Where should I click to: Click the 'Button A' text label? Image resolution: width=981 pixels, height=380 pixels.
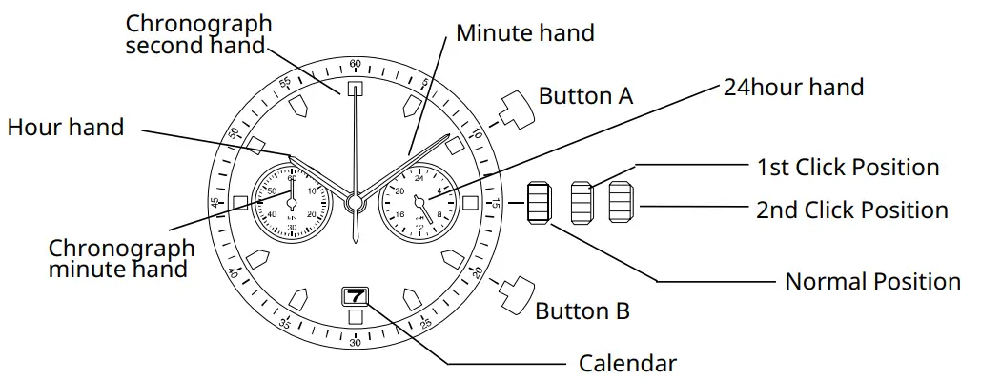coord(585,96)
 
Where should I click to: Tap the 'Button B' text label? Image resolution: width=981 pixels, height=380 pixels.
coord(582,311)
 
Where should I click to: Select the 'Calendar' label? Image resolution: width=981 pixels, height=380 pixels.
coord(627,363)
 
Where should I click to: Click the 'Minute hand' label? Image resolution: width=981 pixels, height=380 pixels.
coord(524,32)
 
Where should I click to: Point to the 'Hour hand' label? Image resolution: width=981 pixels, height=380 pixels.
coord(66,127)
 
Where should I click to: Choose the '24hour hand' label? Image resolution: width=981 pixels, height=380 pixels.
coord(793,87)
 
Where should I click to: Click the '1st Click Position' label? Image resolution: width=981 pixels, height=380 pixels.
coord(848,168)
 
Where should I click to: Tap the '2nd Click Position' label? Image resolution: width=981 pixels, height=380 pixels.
coord(851,210)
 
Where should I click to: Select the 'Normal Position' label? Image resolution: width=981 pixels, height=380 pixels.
coord(872,281)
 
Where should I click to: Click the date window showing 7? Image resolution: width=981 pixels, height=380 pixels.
coord(356,295)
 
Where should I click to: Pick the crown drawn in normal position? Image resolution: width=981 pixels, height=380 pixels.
coord(539,202)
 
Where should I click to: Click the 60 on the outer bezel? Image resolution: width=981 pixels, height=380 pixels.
coord(355,64)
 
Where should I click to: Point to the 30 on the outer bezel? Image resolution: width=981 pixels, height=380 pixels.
coord(355,342)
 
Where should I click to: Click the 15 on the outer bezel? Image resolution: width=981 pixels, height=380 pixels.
coord(495,203)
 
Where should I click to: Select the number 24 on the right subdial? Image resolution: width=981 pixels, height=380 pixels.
coord(419,178)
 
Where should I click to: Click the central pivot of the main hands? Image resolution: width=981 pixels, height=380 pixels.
coord(356,201)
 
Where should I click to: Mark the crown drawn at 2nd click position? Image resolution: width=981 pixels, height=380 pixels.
coord(621,202)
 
